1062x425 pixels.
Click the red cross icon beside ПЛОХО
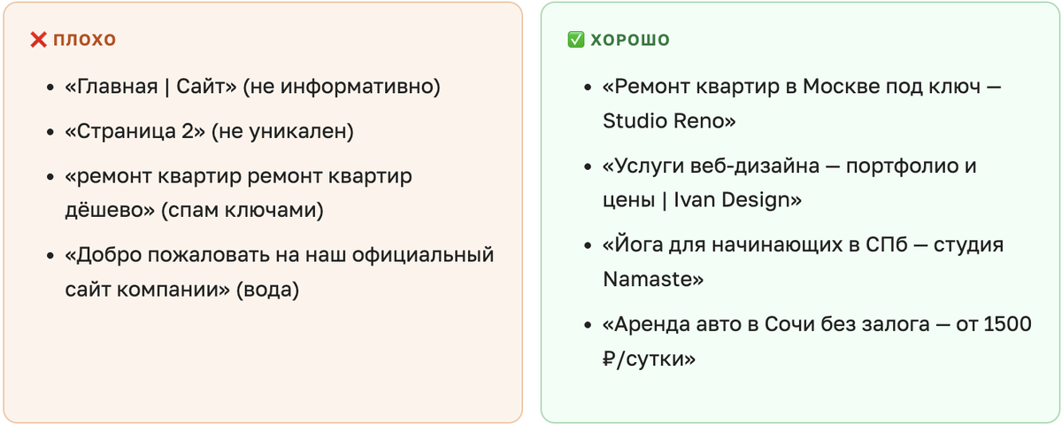(38, 40)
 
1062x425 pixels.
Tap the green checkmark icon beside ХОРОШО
(575, 40)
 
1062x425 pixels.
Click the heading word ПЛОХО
(85, 40)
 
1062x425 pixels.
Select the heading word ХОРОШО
(630, 40)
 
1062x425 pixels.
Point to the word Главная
(115, 87)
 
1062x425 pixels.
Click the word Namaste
(651, 279)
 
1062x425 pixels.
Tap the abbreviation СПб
(885, 245)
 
